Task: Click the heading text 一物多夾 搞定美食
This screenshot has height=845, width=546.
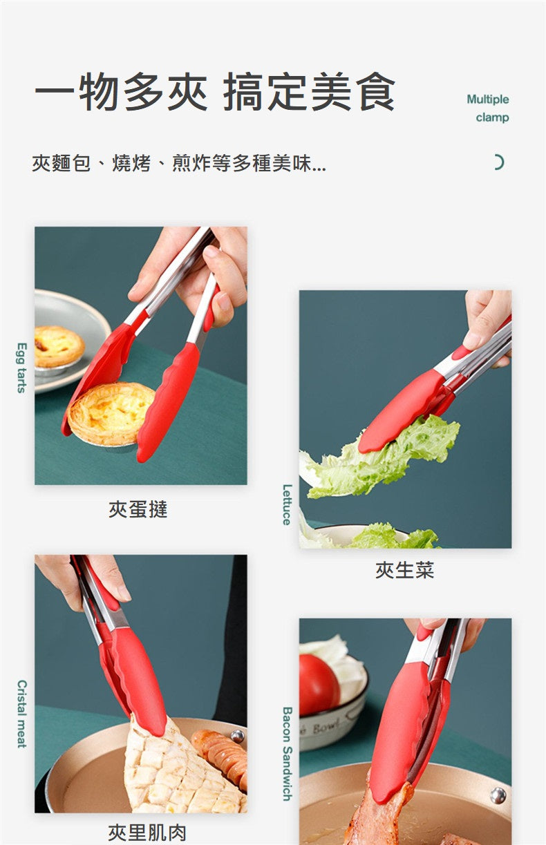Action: pyautogui.click(x=215, y=92)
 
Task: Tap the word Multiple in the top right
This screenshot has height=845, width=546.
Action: pyautogui.click(x=487, y=99)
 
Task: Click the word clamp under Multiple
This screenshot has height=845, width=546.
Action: pyautogui.click(x=492, y=117)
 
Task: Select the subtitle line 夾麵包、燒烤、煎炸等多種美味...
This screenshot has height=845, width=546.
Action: pyautogui.click(x=179, y=164)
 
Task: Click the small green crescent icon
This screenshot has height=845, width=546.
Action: pyautogui.click(x=498, y=162)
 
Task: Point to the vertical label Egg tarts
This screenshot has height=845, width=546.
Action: pyautogui.click(x=21, y=368)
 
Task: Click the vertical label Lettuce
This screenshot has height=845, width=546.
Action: pyautogui.click(x=287, y=504)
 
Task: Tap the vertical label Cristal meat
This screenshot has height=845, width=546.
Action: pyautogui.click(x=21, y=714)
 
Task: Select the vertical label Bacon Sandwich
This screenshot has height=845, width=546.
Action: pyautogui.click(x=287, y=753)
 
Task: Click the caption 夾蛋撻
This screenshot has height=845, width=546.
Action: pyautogui.click(x=138, y=510)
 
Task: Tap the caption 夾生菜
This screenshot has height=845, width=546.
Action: pyautogui.click(x=405, y=570)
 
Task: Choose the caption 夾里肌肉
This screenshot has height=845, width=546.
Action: pyautogui.click(x=147, y=833)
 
